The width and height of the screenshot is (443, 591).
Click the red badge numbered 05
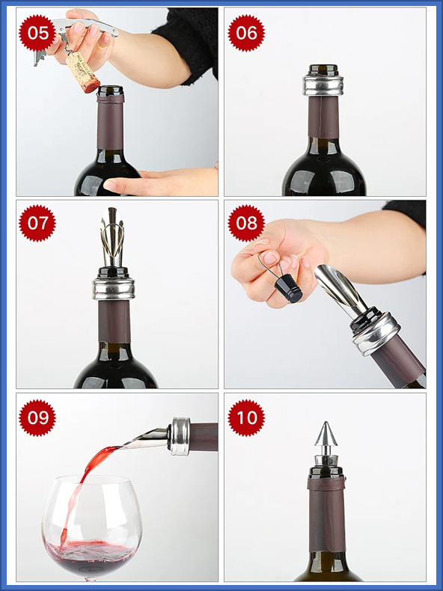pyautogui.click(x=37, y=33)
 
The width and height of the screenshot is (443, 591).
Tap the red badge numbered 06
pyautogui.click(x=246, y=33)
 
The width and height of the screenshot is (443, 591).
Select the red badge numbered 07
pyautogui.click(x=37, y=223)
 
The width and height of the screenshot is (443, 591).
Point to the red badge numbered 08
pyautogui.click(x=246, y=223)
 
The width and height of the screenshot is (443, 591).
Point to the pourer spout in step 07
pyautogui.click(x=112, y=236)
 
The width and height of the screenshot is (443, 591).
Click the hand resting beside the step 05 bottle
pyautogui.click(x=161, y=181)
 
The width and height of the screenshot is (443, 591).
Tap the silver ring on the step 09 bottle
pyautogui.click(x=180, y=436)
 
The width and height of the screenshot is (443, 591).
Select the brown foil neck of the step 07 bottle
pyautogui.click(x=114, y=322)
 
